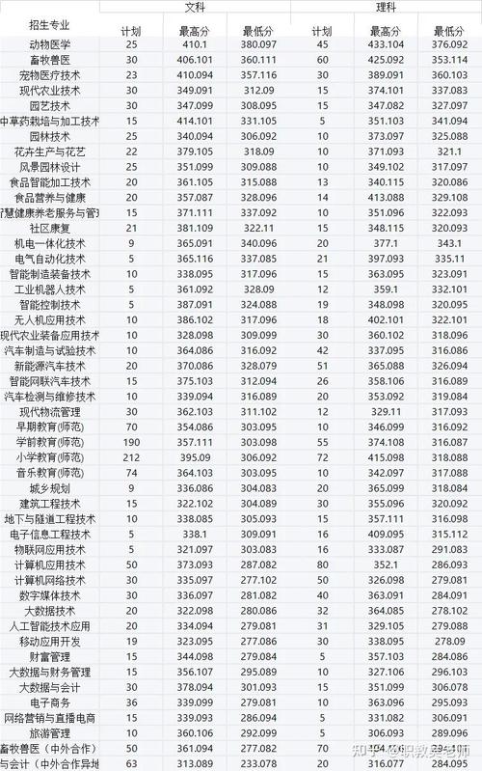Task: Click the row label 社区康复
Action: click(x=50, y=228)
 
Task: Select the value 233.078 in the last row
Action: click(x=258, y=763)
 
